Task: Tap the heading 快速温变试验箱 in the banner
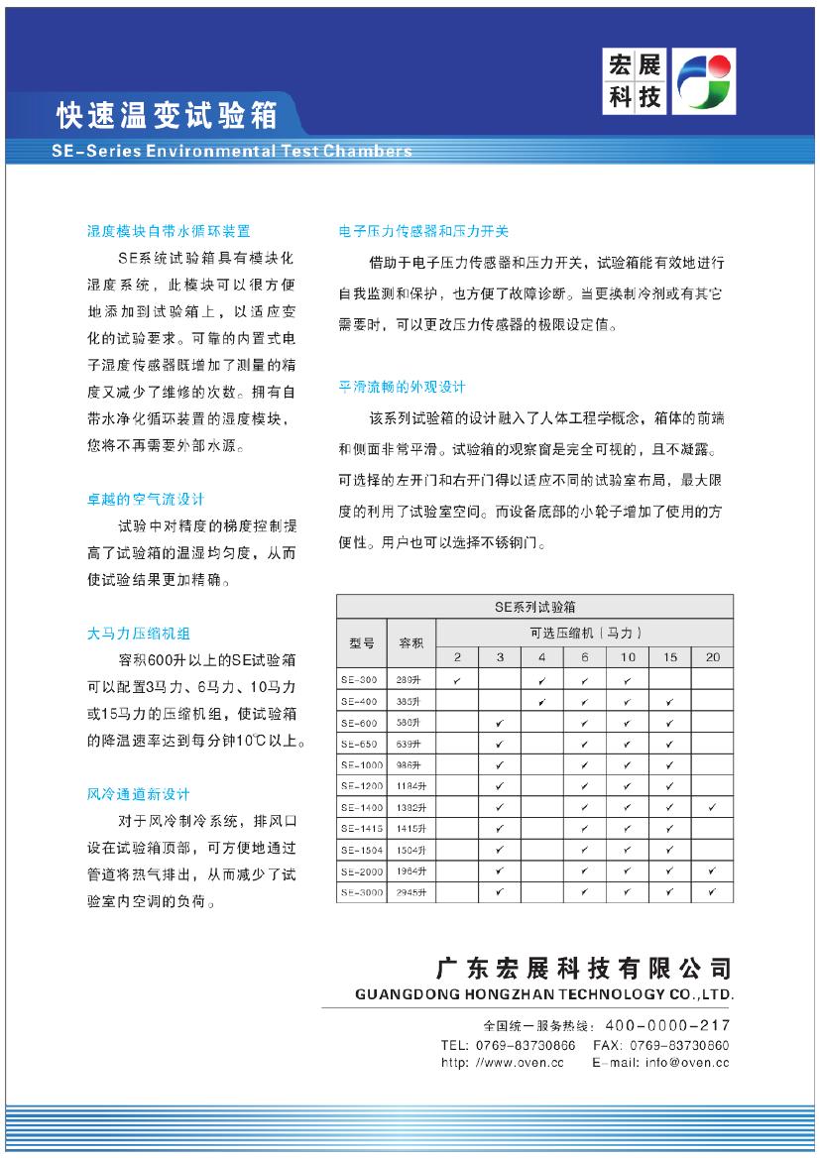tap(167, 116)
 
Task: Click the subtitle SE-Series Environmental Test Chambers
tap(231, 152)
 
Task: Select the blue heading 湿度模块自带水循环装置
tap(169, 231)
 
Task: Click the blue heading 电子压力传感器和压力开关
tap(423, 231)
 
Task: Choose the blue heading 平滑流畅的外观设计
tap(402, 387)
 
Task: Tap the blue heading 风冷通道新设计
tap(138, 794)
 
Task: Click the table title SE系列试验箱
tap(535, 606)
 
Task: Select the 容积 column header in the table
tap(410, 642)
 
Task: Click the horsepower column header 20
tap(713, 657)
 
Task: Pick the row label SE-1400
tap(359, 808)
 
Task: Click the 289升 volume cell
tap(410, 680)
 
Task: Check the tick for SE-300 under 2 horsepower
tap(457, 680)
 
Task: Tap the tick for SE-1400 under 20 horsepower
tap(713, 808)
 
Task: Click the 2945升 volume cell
tap(411, 893)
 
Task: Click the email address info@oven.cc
tap(687, 1063)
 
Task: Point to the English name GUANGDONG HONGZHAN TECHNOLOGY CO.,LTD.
tap(543, 993)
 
